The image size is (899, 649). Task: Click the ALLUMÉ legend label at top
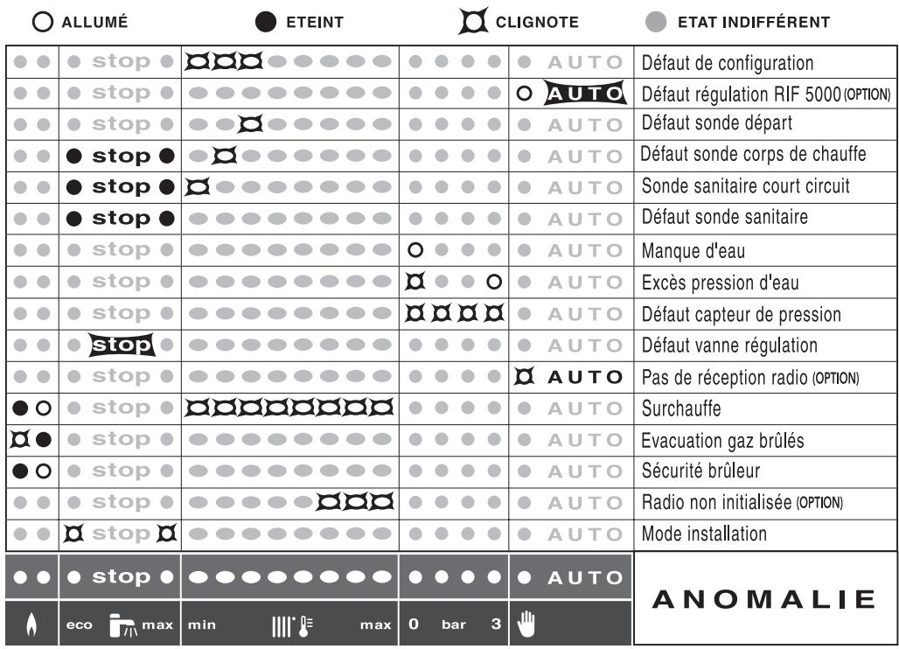(x=94, y=22)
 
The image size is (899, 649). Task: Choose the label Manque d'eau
(x=693, y=251)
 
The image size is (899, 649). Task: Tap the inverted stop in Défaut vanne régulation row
(x=122, y=345)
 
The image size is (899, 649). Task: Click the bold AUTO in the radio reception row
(x=585, y=377)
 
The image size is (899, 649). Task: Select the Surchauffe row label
(x=680, y=408)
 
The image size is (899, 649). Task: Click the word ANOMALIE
(x=765, y=599)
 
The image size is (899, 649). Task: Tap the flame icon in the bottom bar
(x=31, y=625)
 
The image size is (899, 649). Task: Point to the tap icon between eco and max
(x=120, y=625)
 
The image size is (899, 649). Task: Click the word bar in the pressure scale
(x=453, y=625)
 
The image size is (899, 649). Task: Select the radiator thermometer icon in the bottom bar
(x=289, y=625)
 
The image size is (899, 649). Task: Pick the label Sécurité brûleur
(x=700, y=471)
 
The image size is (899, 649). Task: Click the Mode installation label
(x=704, y=534)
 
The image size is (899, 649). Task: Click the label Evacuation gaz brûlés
(x=721, y=440)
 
